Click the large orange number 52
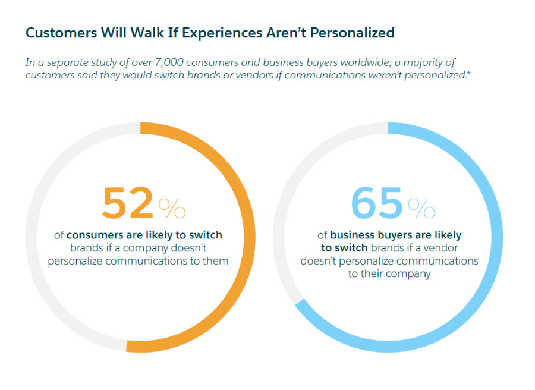click(128, 204)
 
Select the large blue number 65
click(376, 204)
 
